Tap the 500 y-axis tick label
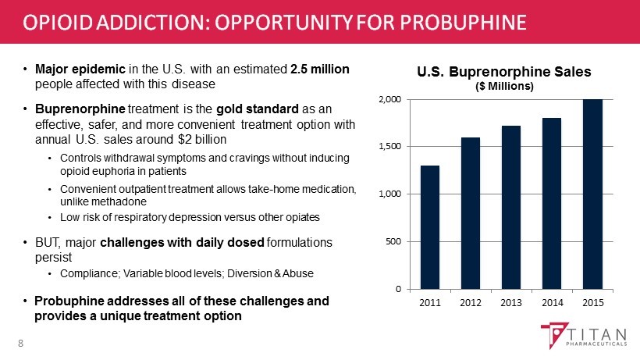[395, 241]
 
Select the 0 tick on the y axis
[400, 289]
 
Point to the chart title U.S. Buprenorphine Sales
[504, 72]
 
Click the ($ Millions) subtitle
[504, 86]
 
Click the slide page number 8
[21, 342]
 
